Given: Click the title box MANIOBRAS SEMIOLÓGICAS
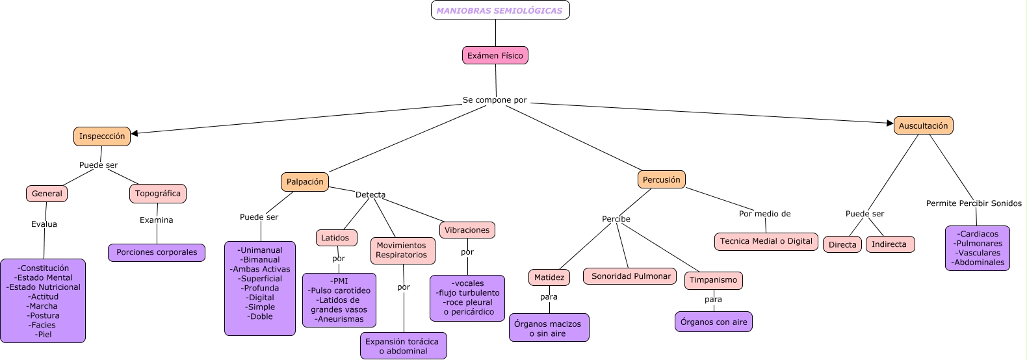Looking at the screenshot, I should click(500, 10).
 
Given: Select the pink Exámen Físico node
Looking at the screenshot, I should click(495, 56).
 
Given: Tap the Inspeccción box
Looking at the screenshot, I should click(102, 136).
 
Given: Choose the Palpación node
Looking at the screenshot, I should click(305, 182).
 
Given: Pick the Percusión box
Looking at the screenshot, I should click(661, 180).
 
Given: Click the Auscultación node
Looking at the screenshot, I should click(923, 126).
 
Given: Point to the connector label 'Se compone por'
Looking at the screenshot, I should click(495, 100).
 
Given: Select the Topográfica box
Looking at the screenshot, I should click(158, 194).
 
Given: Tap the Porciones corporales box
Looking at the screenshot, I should click(157, 253).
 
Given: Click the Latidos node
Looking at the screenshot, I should click(335, 238).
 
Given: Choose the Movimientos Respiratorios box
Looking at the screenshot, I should click(402, 250).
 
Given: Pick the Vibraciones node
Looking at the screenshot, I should click(467, 230).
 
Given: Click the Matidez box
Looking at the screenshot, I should click(549, 277).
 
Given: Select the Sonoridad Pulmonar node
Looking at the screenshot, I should click(630, 276).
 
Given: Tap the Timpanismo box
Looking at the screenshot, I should click(713, 280).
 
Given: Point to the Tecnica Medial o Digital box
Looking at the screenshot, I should click(766, 241).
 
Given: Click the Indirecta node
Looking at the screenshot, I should click(889, 244).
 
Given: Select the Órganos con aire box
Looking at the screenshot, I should click(714, 322).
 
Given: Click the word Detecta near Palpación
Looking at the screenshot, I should click(370, 195).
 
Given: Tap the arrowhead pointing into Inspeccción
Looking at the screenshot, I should click(135, 133).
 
